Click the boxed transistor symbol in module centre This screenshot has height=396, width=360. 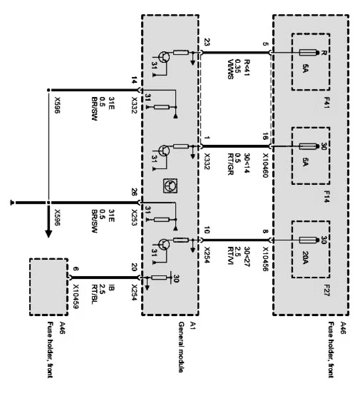point(168,185)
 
